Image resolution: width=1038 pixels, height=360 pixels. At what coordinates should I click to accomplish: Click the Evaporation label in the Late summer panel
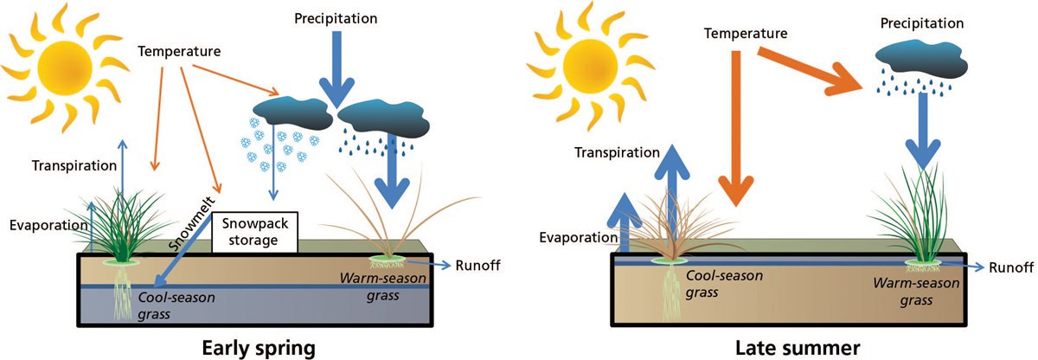(571, 236)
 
